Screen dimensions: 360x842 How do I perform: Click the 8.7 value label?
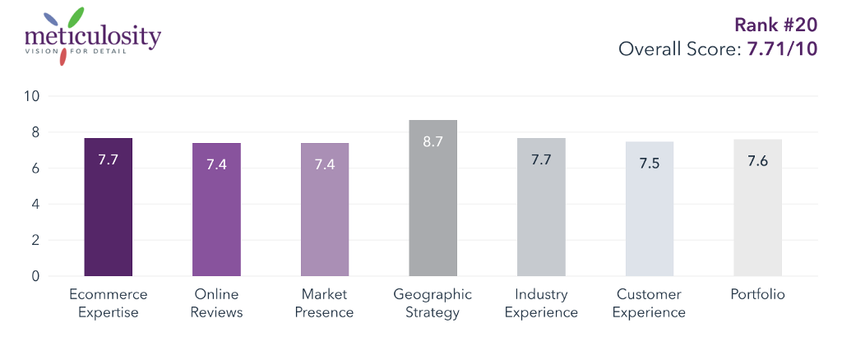[x=433, y=141]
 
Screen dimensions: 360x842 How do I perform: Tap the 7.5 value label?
[x=650, y=163]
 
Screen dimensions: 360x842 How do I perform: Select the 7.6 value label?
[x=757, y=160]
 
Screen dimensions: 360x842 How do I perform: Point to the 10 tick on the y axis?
[x=32, y=96]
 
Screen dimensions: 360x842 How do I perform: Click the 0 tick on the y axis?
[x=35, y=276]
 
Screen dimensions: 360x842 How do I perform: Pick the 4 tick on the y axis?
[x=35, y=204]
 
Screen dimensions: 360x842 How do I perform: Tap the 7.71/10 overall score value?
[x=781, y=49]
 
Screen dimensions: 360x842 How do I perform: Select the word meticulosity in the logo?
[x=93, y=37]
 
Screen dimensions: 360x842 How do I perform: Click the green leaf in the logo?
[x=76, y=16]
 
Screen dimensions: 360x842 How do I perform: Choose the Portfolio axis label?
[x=757, y=294]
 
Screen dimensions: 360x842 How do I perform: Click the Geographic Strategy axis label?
[x=433, y=303]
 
